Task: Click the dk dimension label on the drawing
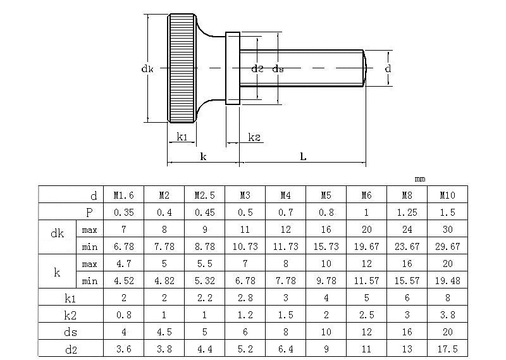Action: coord(147,69)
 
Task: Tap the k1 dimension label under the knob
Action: coord(182,137)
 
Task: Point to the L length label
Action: coord(303,156)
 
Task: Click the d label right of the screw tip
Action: coord(388,68)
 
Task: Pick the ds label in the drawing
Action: coord(278,68)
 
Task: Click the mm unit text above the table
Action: coord(420,178)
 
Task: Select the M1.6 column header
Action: coord(123,196)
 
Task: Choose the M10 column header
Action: coord(447,196)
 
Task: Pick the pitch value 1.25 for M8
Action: coord(407,212)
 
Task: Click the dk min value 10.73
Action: coord(245,245)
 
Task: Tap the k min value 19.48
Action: coord(447,280)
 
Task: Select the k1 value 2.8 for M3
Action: coord(245,297)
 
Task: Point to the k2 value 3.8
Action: coord(447,314)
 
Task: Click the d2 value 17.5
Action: coord(447,348)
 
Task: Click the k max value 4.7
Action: coord(123,263)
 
